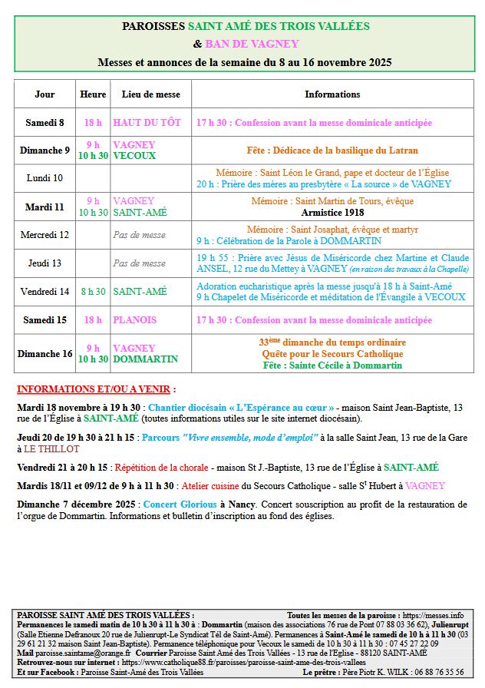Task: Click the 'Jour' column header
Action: [x=45, y=94]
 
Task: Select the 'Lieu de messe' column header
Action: [x=151, y=94]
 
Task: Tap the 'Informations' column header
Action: [x=332, y=94]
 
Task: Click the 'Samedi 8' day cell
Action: [x=45, y=123]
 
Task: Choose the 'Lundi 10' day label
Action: [x=45, y=178]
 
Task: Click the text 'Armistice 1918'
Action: [x=332, y=212]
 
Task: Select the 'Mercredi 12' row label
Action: [x=45, y=234]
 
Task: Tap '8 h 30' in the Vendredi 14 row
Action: [x=93, y=292]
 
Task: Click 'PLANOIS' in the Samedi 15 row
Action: [x=135, y=320]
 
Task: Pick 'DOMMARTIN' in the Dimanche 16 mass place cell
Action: [x=145, y=359]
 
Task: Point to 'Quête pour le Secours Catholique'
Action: [x=332, y=354]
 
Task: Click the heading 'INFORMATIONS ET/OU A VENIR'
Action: [x=96, y=389]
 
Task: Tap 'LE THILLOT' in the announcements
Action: [x=51, y=448]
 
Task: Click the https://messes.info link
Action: [x=434, y=616]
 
